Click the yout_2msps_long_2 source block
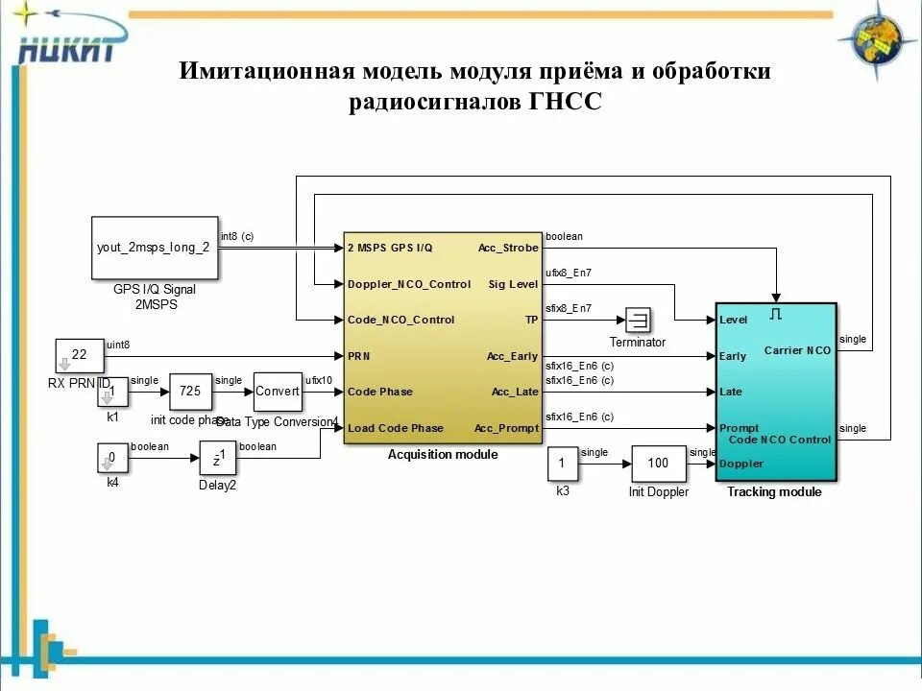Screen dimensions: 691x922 (154, 248)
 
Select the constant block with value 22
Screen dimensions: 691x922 (79, 355)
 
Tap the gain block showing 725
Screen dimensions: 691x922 (190, 392)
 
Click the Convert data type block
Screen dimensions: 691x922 (278, 392)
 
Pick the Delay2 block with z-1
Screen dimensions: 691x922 (218, 459)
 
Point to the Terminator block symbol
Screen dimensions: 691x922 (638, 319)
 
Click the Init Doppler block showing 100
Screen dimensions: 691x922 (658, 464)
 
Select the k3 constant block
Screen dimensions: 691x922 (563, 464)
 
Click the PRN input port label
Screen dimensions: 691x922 (358, 356)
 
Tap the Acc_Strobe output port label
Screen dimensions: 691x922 (508, 248)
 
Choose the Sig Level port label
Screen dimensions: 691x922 (513, 284)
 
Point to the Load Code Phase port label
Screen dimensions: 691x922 (395, 428)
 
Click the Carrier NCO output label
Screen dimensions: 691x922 (797, 350)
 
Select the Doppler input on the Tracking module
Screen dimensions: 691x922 (740, 464)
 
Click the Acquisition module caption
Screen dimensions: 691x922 (443, 454)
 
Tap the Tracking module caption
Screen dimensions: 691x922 (774, 492)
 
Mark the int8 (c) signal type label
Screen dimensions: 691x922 (238, 236)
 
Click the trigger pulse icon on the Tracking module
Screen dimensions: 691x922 (776, 313)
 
